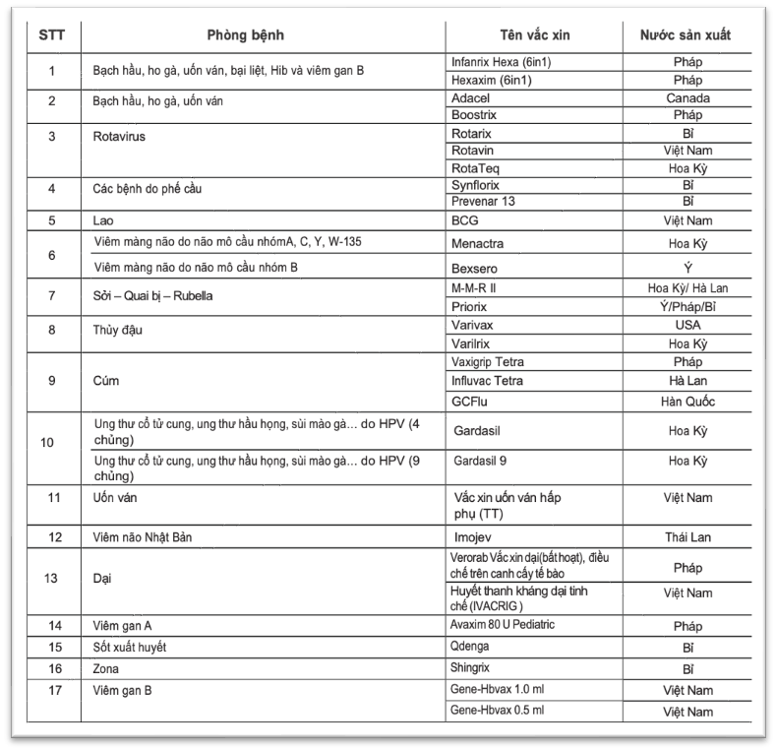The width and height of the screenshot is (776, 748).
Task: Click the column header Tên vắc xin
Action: [534, 35]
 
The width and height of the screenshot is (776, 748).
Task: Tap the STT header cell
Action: [53, 35]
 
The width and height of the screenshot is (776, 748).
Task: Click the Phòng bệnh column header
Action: [246, 35]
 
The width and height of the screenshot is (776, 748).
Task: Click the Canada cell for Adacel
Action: [688, 97]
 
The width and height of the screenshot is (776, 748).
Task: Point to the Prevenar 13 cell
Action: [483, 202]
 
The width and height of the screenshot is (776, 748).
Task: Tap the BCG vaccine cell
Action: [464, 220]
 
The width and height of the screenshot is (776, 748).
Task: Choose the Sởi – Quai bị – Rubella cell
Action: [148, 295]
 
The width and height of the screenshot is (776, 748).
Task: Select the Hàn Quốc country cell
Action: [688, 402]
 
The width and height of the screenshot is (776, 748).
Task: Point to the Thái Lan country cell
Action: [688, 537]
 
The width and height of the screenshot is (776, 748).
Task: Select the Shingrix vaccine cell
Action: [473, 666]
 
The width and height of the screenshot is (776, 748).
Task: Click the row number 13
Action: [53, 579]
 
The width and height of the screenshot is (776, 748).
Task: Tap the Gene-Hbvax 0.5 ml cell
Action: [497, 710]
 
